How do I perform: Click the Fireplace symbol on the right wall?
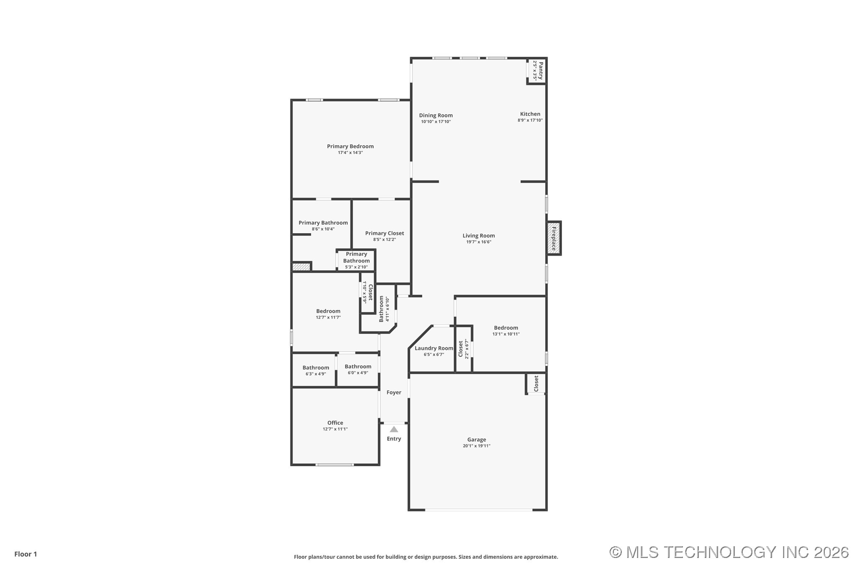553,238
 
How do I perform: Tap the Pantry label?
540,71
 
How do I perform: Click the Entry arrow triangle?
394,429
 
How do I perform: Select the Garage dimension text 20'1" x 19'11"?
476,446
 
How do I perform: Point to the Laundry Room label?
434,348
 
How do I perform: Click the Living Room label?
478,236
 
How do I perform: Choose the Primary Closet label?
384,233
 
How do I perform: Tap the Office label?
335,423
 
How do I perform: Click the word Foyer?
393,392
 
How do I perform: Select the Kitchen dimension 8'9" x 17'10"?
530,120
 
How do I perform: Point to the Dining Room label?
436,115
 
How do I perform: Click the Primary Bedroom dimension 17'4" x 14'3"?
350,153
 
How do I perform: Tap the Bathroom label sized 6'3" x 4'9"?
316,368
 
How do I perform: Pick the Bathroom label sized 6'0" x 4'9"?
358,366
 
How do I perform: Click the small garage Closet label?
536,383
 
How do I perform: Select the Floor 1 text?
26,554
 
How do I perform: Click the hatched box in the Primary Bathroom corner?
300,267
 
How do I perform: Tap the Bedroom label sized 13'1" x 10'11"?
506,328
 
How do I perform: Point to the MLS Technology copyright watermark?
729,552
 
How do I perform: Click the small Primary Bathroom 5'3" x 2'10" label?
356,260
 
